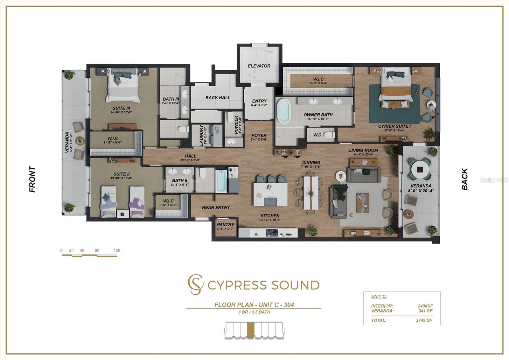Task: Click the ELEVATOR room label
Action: click(259, 66)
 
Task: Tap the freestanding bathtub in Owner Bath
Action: click(283, 111)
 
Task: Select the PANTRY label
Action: click(226, 225)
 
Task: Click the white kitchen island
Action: click(270, 194)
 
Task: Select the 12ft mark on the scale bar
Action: click(117, 251)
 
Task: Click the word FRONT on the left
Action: click(32, 179)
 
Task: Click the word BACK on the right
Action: click(465, 179)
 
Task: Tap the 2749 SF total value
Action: click(424, 320)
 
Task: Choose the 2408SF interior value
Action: click(425, 306)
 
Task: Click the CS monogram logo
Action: click(195, 284)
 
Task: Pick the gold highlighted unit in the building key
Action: click(251, 330)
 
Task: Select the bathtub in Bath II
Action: click(221, 181)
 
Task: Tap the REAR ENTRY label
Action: click(216, 208)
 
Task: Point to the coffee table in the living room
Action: click(362, 202)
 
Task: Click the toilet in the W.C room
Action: click(329, 135)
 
